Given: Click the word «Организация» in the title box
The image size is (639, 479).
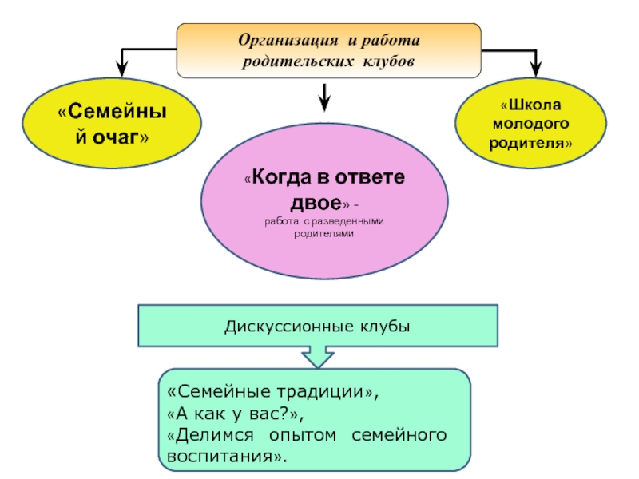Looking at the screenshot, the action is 288,41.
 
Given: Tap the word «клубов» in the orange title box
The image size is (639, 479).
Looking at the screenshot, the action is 388,61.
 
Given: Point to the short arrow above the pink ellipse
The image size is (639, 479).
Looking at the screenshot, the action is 324,97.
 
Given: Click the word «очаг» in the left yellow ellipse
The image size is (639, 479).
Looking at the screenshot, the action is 116,137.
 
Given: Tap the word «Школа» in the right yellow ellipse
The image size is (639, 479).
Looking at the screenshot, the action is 535,105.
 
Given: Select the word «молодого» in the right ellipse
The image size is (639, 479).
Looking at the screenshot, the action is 530,124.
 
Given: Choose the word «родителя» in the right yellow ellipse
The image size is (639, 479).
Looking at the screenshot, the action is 526,143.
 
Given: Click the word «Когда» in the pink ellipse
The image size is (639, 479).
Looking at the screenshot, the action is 281,177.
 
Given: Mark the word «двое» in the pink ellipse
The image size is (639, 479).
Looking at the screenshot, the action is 316,203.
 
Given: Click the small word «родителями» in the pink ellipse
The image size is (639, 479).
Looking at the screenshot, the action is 323,234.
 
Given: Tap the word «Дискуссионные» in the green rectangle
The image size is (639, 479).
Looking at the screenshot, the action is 289,327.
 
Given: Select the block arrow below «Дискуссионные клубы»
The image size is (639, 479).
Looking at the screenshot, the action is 318,357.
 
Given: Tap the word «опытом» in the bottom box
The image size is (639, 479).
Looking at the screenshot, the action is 303,435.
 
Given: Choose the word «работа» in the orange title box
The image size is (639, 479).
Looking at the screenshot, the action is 390,41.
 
